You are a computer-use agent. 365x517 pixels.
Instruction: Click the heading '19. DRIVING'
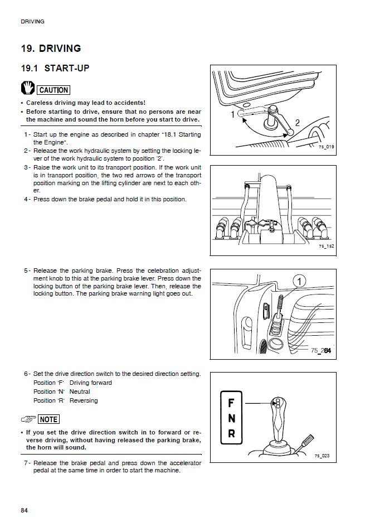51,49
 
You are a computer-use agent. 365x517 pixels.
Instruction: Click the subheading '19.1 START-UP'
55,69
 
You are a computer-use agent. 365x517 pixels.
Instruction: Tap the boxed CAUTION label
54,90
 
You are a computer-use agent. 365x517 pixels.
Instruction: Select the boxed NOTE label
48,419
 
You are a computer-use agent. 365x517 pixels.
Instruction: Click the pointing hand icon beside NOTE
28,419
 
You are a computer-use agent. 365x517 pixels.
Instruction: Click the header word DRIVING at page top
32,22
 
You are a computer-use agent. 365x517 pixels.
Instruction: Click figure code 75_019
326,147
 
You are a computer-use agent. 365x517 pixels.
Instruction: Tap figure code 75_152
326,246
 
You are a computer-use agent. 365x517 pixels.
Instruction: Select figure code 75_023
322,456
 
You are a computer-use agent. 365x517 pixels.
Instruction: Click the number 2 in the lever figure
298,123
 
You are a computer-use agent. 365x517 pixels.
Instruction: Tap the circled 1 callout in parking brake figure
299,282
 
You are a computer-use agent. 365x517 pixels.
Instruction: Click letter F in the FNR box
231,403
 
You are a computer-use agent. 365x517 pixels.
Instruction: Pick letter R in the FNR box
231,433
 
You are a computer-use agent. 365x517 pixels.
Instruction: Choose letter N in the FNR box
231,418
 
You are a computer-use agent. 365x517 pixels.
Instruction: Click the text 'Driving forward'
90,383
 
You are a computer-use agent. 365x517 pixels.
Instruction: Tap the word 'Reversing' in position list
84,400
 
